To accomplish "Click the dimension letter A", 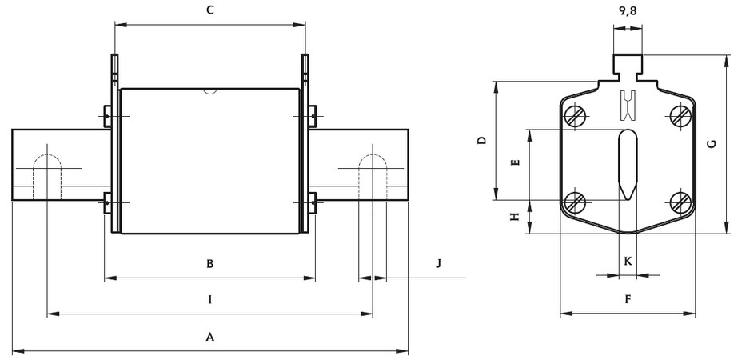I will click(x=210, y=338).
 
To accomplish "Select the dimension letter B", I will click(x=209, y=263).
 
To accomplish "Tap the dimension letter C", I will click(x=209, y=10).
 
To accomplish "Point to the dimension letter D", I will click(x=481, y=141).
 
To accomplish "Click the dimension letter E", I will click(x=516, y=162).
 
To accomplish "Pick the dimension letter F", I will click(x=628, y=299).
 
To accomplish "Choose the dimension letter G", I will click(x=711, y=144).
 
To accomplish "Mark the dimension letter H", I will click(x=516, y=216).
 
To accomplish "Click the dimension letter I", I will click(x=209, y=300).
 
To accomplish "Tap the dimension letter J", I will click(x=437, y=263).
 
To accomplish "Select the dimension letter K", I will click(x=628, y=262).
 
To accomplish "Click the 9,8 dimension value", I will click(x=628, y=12).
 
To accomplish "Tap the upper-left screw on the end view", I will click(x=574, y=116).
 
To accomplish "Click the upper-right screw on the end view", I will click(x=680, y=116).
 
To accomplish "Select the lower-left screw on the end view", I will click(x=574, y=202).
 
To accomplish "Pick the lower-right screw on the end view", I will click(x=680, y=202).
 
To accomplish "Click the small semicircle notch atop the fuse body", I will click(x=209, y=90).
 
